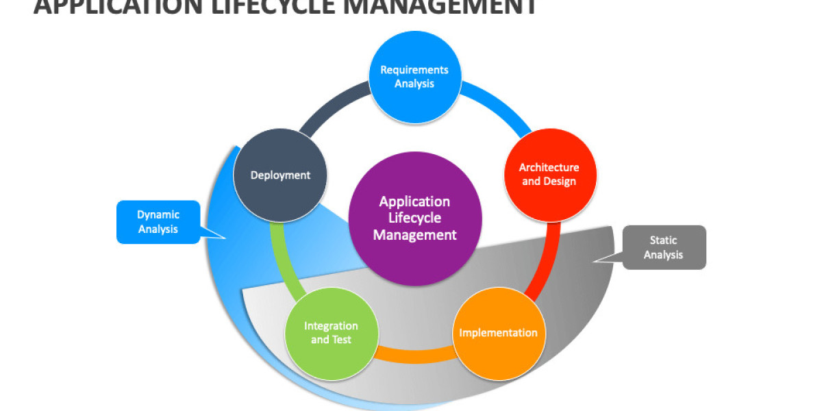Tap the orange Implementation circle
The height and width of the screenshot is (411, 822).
(x=499, y=334)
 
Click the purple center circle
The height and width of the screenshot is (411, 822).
(x=414, y=219)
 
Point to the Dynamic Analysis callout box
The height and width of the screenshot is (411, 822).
(x=158, y=222)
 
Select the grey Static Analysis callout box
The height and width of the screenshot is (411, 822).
(x=663, y=247)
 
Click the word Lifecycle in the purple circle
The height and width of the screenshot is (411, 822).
(x=414, y=219)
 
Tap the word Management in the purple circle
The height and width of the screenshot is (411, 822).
(x=414, y=235)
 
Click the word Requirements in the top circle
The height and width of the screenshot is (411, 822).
(x=414, y=70)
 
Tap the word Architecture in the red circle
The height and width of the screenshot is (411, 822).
(x=549, y=167)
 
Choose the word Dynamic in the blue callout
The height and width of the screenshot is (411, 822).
(x=158, y=214)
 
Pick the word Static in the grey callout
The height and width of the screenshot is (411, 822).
(x=663, y=240)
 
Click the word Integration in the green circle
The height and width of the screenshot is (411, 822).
(x=331, y=326)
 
